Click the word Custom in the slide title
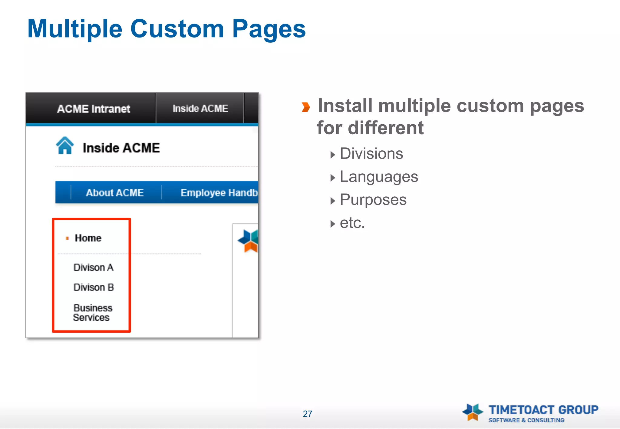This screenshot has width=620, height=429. click(177, 29)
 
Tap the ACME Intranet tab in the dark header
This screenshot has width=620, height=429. click(94, 109)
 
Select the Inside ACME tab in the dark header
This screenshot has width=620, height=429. click(200, 108)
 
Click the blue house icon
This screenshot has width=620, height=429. click(65, 146)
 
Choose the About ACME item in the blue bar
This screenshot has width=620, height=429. click(115, 193)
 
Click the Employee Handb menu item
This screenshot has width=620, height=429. click(219, 193)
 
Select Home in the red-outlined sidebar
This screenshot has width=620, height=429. click(88, 238)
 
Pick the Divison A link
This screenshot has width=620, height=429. click(94, 267)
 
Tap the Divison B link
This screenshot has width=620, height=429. click(94, 287)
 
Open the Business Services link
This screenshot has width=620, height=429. click(92, 313)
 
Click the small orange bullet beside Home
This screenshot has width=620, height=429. click(67, 238)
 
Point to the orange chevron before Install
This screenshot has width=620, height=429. click(306, 107)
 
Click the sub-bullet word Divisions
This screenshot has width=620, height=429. click(371, 154)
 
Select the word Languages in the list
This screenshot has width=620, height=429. click(379, 177)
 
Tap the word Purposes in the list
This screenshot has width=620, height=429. click(373, 200)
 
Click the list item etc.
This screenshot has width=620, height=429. click(352, 223)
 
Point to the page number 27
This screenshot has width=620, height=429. click(307, 414)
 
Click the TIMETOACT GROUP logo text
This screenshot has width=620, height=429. click(543, 410)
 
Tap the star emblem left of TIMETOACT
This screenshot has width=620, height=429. click(473, 412)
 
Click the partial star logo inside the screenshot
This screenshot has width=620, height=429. click(248, 241)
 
